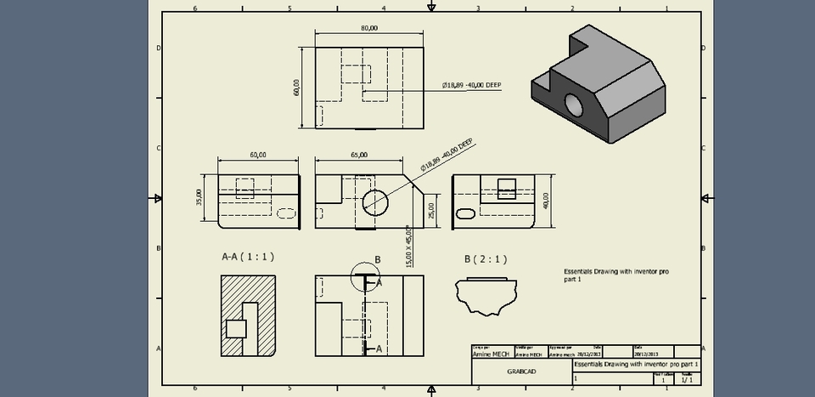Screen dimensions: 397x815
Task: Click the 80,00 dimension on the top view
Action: tap(369, 28)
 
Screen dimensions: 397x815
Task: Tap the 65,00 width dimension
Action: tap(358, 155)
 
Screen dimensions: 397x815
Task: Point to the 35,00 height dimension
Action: tap(200, 198)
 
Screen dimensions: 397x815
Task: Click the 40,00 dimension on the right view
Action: tap(547, 199)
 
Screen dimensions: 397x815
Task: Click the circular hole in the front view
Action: tap(376, 201)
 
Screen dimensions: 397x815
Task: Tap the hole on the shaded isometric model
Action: tap(575, 105)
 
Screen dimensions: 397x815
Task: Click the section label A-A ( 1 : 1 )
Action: tap(248, 256)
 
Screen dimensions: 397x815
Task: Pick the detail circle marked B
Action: tap(365, 276)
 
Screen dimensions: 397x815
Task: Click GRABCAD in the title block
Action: tap(521, 372)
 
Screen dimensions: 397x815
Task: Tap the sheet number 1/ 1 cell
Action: tap(686, 381)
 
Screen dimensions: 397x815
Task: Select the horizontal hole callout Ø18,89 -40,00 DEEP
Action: tap(472, 85)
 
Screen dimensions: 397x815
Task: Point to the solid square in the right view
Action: tap(507, 188)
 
